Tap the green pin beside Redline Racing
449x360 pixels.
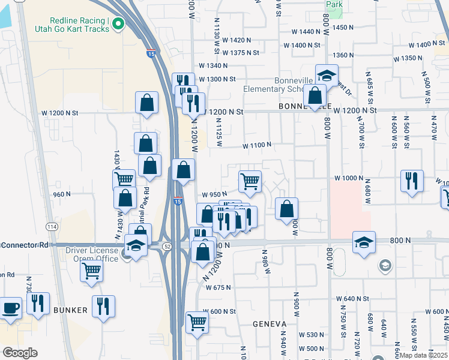[118, 25]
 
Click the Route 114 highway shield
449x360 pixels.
[52, 226]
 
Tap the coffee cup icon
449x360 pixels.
[10, 308]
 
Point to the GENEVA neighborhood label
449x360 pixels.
[270, 324]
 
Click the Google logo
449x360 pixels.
[19, 353]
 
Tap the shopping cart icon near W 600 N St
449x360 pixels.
[197, 322]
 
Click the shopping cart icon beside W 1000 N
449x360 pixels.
[250, 180]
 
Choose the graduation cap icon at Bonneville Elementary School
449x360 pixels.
[327, 76]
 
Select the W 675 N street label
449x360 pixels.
[218, 288]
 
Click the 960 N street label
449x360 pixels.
[62, 194]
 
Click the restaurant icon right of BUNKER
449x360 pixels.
[103, 307]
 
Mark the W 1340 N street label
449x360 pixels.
[214, 66]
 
